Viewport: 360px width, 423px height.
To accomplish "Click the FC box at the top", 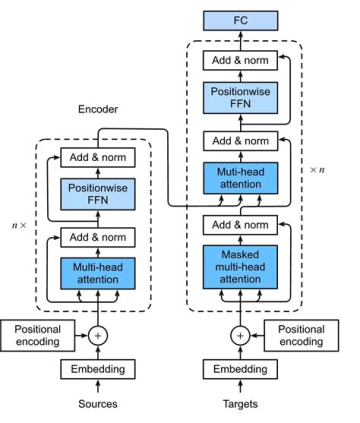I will pyautogui.click(x=240, y=21).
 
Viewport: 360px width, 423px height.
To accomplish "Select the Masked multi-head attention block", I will pyautogui.click(x=240, y=266).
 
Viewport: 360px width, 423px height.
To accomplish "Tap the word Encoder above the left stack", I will pyautogui.click(x=98, y=109).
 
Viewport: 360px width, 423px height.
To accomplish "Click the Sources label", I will pyautogui.click(x=97, y=403).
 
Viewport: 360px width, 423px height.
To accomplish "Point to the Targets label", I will pyautogui.click(x=240, y=403).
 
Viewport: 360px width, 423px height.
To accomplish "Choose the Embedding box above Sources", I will pyautogui.click(x=97, y=369).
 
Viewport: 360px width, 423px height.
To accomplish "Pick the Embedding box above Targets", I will pyautogui.click(x=240, y=369).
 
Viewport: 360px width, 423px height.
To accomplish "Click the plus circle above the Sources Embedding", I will pyautogui.click(x=98, y=336).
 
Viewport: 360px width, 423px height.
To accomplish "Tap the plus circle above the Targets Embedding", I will pyautogui.click(x=240, y=336).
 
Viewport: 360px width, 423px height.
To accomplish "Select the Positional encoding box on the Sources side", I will pyautogui.click(x=37, y=335).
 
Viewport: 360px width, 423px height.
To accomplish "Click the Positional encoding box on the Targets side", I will pyautogui.click(x=301, y=335).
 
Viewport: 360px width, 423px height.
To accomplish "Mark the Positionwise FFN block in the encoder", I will pyautogui.click(x=98, y=194).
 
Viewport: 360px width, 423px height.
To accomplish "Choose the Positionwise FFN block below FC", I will pyautogui.click(x=240, y=98).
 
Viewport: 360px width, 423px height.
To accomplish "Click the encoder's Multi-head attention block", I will pyautogui.click(x=98, y=273).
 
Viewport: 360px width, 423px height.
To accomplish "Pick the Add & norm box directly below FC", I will pyautogui.click(x=240, y=60).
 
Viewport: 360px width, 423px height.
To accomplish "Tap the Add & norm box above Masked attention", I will pyautogui.click(x=240, y=225).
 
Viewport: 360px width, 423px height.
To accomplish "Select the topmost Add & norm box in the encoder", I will pyautogui.click(x=98, y=158).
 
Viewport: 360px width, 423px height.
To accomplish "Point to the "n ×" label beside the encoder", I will pyautogui.click(x=19, y=225).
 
